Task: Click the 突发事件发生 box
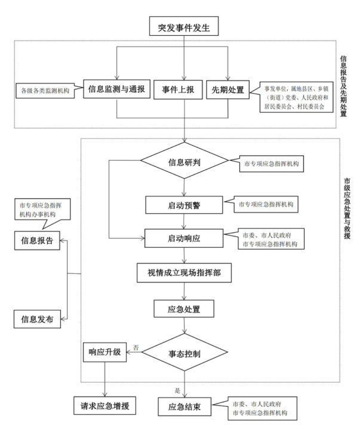[x=184, y=27]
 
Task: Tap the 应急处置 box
[x=184, y=309]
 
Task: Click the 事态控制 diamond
[x=184, y=353]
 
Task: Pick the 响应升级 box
[x=105, y=351]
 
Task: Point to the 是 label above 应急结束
[x=177, y=391]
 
